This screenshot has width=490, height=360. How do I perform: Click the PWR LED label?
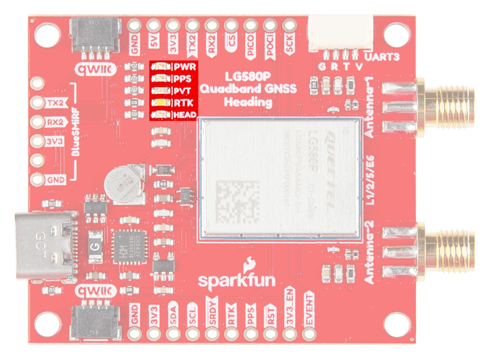tap(186, 67)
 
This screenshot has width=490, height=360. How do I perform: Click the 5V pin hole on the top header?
tap(153, 25)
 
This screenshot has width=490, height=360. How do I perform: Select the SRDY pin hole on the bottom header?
tap(212, 334)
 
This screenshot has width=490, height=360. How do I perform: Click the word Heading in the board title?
tap(248, 103)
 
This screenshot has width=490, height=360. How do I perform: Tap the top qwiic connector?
tap(95, 37)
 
